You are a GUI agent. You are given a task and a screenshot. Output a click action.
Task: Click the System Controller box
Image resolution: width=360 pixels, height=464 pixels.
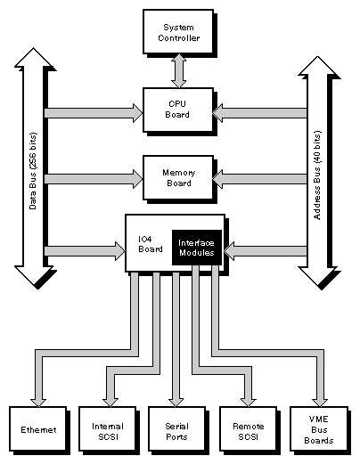[178, 32]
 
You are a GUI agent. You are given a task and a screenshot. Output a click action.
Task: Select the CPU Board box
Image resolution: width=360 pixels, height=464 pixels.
[178, 110]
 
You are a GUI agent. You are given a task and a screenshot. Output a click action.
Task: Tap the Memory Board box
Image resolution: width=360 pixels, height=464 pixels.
[178, 176]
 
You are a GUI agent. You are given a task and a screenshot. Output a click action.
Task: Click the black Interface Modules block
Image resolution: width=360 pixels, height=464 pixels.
[195, 247]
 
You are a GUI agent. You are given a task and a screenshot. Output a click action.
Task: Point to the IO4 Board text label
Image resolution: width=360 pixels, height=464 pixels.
[145, 243]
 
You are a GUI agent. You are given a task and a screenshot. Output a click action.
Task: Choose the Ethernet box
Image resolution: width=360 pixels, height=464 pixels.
[38, 429]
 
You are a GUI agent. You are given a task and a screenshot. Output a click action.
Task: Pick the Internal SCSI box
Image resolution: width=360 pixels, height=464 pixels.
[108, 429]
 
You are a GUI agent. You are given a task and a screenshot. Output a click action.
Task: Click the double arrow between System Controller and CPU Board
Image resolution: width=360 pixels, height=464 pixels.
[178, 71]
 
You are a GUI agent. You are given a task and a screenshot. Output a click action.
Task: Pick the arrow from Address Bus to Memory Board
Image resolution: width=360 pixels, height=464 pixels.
[258, 179]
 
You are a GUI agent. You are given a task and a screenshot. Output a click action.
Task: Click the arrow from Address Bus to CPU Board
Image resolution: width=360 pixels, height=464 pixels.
[258, 112]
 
